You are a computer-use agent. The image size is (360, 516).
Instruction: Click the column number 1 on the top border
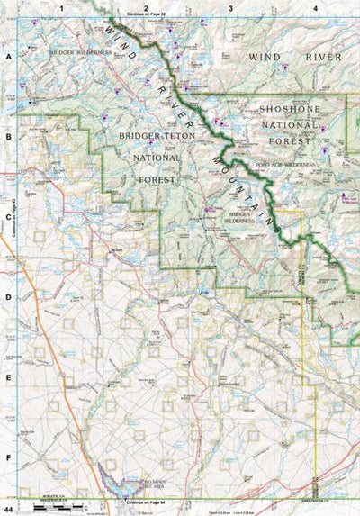click(x=61, y=7)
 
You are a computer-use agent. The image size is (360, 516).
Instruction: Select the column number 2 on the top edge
click(x=146, y=7)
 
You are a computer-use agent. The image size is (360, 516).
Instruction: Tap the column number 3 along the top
click(x=230, y=7)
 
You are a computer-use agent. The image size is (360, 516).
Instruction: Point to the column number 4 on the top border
click(x=315, y=7)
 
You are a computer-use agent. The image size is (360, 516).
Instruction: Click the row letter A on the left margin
click(x=8, y=55)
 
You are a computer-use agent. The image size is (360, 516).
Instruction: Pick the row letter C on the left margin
click(x=8, y=216)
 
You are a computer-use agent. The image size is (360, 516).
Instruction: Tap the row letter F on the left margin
click(x=8, y=457)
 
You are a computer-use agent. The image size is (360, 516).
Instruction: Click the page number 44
click(x=7, y=510)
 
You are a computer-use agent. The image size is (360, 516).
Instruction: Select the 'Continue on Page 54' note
click(x=147, y=501)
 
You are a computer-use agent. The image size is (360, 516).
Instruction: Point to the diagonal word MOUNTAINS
click(x=244, y=184)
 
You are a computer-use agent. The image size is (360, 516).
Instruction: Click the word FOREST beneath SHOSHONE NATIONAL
click(x=291, y=140)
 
